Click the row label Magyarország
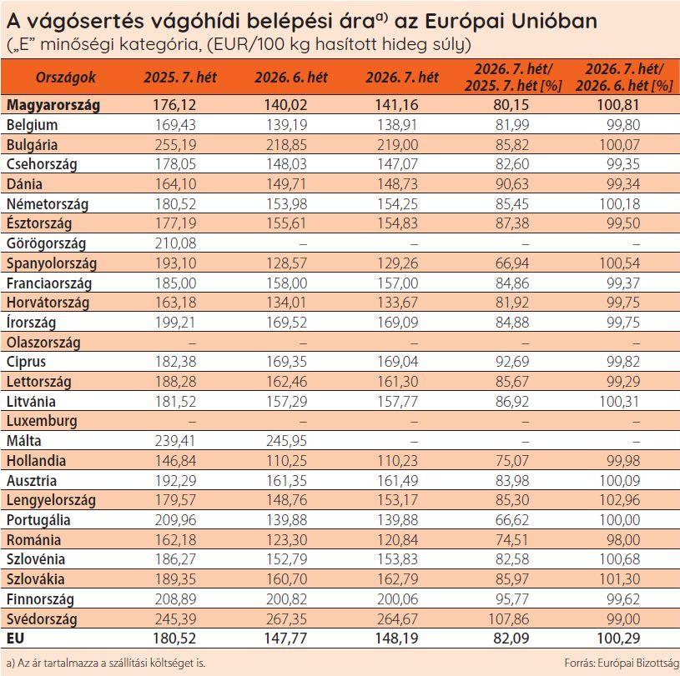53,105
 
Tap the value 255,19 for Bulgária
174,144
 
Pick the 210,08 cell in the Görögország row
174,243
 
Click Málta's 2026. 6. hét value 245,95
285,441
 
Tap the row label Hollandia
36,461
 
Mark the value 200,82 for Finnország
285,599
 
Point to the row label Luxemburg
42,421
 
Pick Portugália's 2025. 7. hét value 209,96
174,520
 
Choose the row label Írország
31,323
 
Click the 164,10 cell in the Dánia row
174,184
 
